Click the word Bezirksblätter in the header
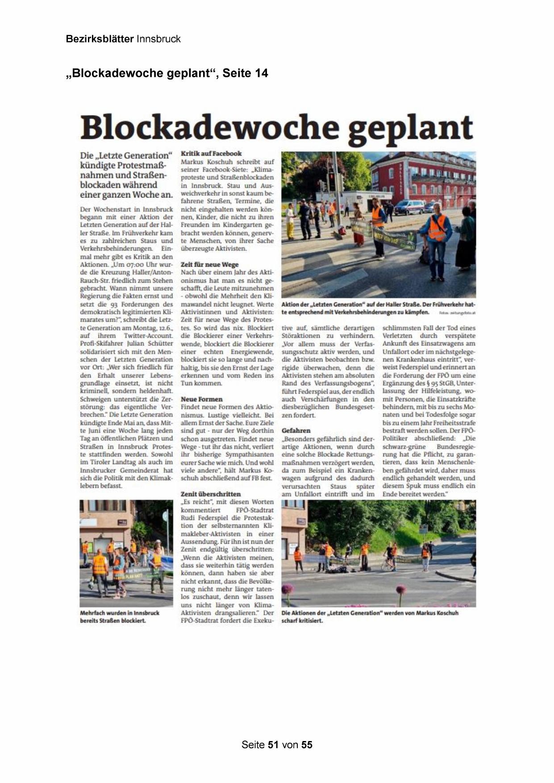coord(100,39)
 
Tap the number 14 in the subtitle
coord(261,73)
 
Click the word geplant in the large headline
coord(410,128)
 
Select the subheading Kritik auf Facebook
coord(211,154)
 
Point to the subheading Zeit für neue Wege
coord(210,264)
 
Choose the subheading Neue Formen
coord(201,399)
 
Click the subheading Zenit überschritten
coord(211,494)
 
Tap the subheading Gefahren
coord(296,430)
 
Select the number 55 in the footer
coord(307,745)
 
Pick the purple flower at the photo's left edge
coord(287,589)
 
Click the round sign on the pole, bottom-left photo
coord(166,517)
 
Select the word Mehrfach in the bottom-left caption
coord(92,613)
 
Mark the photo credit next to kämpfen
coord(457,313)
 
